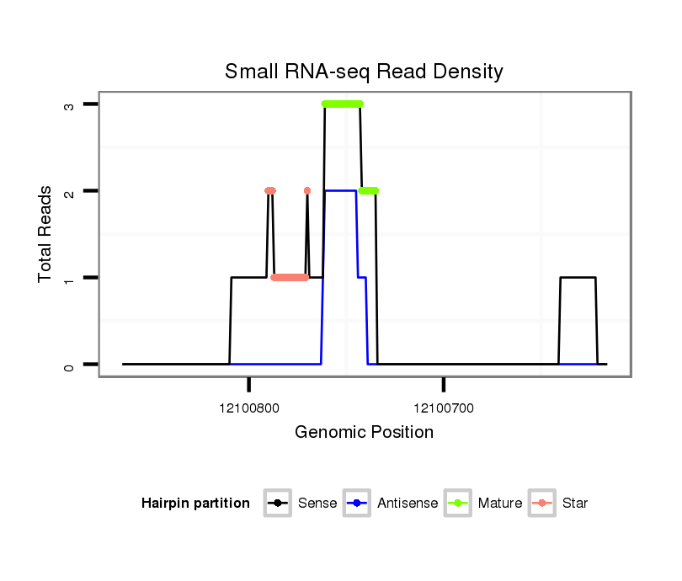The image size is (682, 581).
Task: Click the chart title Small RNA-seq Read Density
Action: coord(364,72)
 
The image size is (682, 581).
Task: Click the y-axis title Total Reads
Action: coord(45,234)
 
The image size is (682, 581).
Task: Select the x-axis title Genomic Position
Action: coord(364,433)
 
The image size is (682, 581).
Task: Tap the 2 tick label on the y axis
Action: coord(70,191)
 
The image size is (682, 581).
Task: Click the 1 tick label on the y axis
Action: coord(70,278)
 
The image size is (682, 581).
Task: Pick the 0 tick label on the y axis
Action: coord(70,365)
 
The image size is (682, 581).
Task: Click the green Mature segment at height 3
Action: coord(342,104)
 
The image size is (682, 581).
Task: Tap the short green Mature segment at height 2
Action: coord(368,191)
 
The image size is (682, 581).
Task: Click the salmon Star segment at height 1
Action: coord(290,277)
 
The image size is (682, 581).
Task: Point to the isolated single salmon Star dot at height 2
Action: coord(307,191)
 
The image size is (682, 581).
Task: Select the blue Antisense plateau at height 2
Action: coord(339,191)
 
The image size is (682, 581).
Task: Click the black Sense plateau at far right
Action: coord(578,277)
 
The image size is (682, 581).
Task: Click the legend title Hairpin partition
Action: coord(195,504)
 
